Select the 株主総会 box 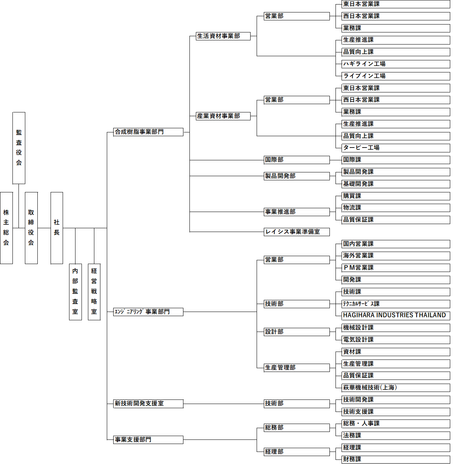(6, 227)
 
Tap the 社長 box (57, 227)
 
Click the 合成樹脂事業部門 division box (148, 132)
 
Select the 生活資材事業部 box (223, 36)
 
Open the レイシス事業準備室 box (297, 232)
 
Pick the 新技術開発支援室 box (148, 404)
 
